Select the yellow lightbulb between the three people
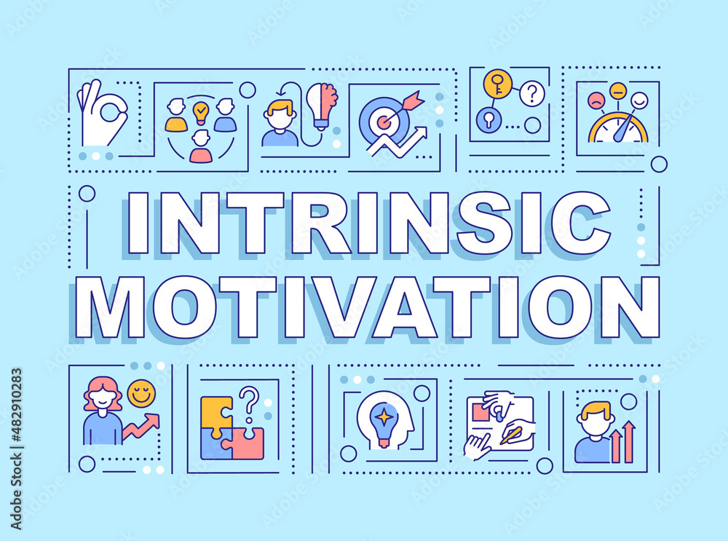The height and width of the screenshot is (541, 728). coord(200,112)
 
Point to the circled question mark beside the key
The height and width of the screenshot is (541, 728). coord(532,92)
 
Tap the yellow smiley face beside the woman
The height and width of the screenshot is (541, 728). coord(141,394)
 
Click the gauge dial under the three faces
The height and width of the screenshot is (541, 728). coord(618,130)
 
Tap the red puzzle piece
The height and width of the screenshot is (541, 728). coord(245,443)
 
